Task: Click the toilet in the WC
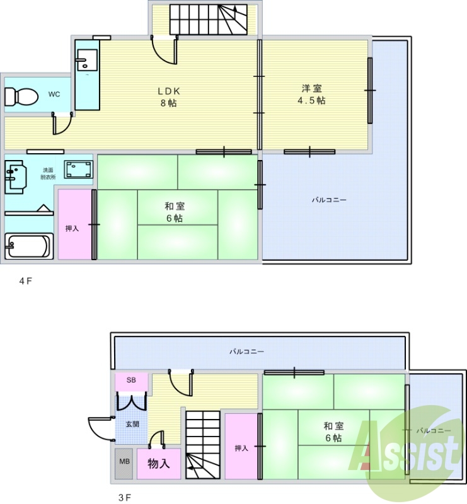pos(21,96)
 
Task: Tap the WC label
pos(54,94)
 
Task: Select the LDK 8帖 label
pos(169,97)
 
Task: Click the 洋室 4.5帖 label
pos(311,94)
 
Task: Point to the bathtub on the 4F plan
pos(29,246)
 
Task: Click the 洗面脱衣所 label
pos(48,174)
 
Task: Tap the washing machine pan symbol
pos(79,169)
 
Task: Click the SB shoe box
pos(132,381)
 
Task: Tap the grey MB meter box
pos(124,464)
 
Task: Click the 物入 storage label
pos(159,464)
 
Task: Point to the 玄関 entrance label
pos(132,424)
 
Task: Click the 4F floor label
pos(26,281)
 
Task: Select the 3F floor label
pos(125,498)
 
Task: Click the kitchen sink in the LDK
pos(87,60)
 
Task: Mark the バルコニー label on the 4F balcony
pos(329,200)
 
